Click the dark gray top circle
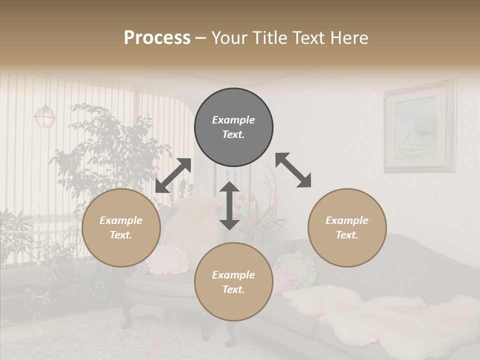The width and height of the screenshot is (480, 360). click(233, 127)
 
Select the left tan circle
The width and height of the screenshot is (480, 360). click(121, 227)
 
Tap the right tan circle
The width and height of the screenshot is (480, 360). click(347, 227)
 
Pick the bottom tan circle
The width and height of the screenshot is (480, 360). click(233, 282)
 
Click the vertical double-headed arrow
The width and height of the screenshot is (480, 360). click(229, 205)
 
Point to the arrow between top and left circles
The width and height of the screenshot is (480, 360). click(173, 175)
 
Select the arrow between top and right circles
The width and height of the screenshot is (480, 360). click(293, 170)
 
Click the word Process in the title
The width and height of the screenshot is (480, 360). click(157, 38)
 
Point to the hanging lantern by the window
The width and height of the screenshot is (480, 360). click(44, 115)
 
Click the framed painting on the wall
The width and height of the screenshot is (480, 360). click(419, 127)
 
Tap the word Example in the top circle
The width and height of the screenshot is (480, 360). click(233, 120)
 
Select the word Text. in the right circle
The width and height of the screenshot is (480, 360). click(347, 235)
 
